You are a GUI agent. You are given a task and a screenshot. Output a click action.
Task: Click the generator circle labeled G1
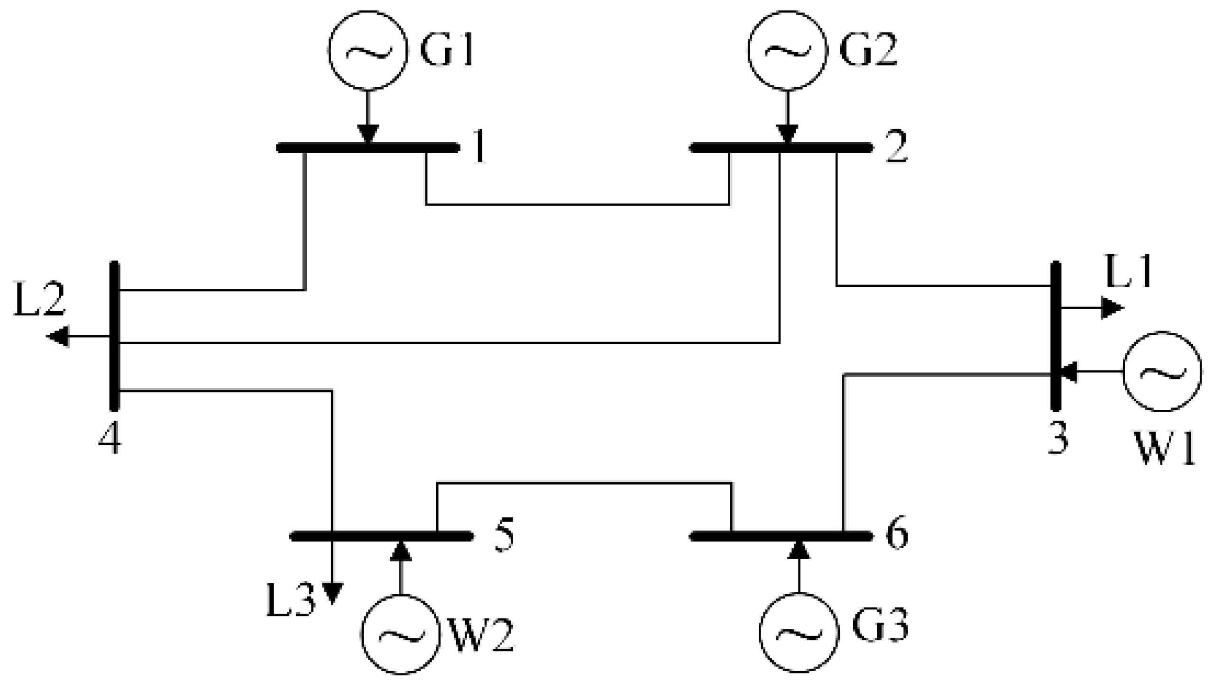click(x=368, y=50)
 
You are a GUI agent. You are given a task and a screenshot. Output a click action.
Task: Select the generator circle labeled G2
click(x=787, y=50)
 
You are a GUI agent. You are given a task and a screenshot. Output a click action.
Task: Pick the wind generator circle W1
click(x=1162, y=371)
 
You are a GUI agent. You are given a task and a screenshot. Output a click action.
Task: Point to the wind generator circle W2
click(x=401, y=634)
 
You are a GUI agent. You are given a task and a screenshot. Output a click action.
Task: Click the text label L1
click(x=1129, y=272)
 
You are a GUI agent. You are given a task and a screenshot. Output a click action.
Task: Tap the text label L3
click(x=290, y=600)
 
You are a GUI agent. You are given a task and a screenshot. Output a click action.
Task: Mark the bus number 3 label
click(x=1057, y=437)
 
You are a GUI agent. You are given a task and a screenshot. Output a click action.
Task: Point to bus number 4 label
click(x=110, y=437)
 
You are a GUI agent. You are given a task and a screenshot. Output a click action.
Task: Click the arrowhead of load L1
click(x=1111, y=308)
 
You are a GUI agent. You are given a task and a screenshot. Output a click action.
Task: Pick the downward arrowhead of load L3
click(x=332, y=592)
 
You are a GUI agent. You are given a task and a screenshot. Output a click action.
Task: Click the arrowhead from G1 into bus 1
click(x=368, y=134)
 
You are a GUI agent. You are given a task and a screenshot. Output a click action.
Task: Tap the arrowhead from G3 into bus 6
click(x=799, y=550)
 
